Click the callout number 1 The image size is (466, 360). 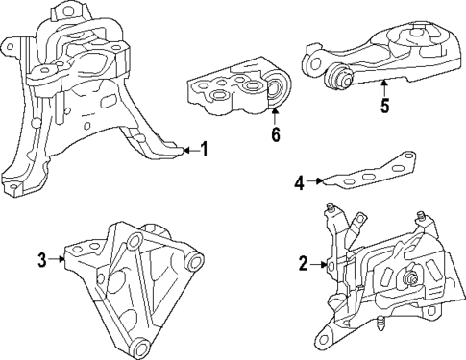tap(202, 150)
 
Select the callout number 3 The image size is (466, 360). tap(42, 258)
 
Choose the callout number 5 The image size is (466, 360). tap(384, 107)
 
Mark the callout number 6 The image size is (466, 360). tap(275, 134)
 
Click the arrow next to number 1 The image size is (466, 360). tap(187, 150)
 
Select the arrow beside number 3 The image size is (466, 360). tap(58, 258)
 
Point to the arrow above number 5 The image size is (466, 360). tap(384, 88)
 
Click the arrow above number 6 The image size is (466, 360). tap(275, 117)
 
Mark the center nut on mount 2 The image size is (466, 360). tap(409, 280)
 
